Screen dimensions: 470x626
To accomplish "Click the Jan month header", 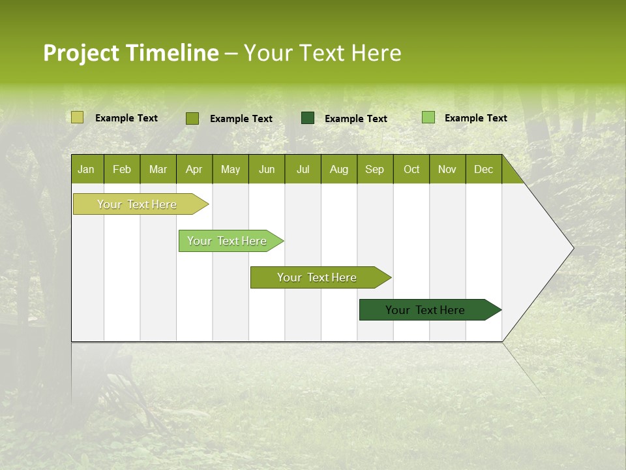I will (x=86, y=170).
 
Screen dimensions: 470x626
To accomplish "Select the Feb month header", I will (x=122, y=170).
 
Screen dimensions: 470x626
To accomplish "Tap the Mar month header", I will (x=158, y=170).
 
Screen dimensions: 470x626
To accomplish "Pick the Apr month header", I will (x=194, y=170).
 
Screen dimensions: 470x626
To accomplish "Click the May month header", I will (x=230, y=170).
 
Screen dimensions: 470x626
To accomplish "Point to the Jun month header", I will (x=267, y=170).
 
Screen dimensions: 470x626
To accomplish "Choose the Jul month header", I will (x=303, y=170).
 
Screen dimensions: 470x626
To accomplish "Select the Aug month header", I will (x=339, y=170).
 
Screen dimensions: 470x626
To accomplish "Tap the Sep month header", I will (x=375, y=170).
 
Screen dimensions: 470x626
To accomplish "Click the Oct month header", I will (x=411, y=170).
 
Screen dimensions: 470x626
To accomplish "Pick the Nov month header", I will (x=447, y=170).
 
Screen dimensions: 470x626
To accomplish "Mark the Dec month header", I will (x=484, y=170).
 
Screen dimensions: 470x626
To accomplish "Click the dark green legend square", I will (x=308, y=118).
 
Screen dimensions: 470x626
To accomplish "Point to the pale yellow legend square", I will (x=78, y=117).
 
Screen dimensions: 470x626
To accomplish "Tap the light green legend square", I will (x=428, y=117).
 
